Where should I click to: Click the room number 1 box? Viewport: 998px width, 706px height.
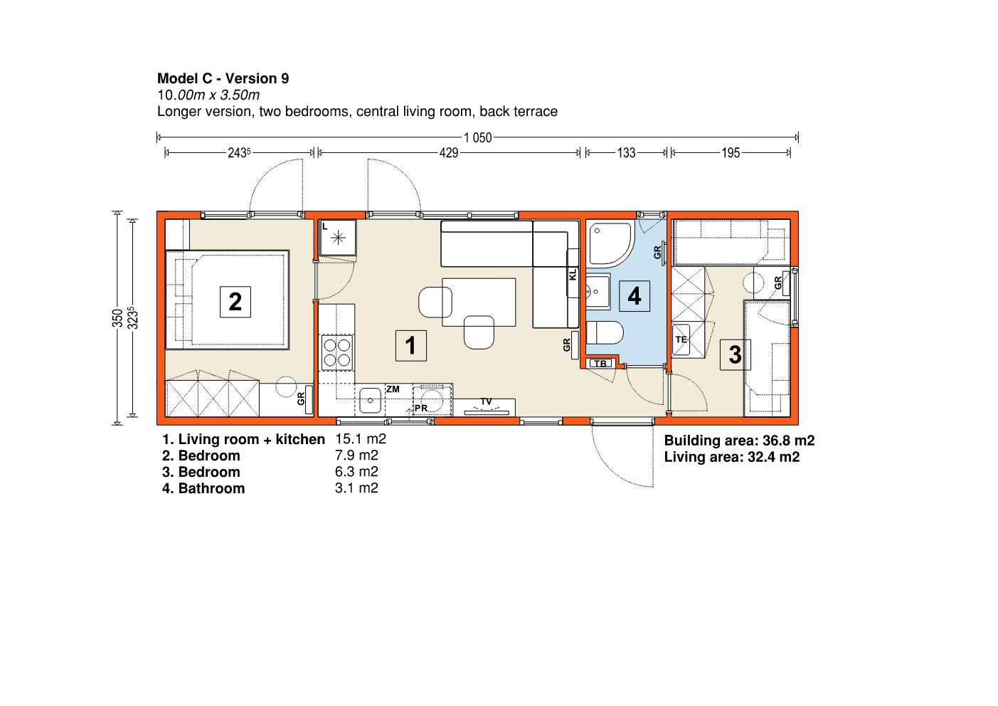point(410,345)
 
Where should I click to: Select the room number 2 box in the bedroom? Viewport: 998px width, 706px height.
point(235,302)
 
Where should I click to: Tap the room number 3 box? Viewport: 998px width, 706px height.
point(735,355)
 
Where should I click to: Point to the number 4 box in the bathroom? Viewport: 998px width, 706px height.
point(635,296)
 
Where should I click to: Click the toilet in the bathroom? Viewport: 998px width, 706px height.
point(604,332)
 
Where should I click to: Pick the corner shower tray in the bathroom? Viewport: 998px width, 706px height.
point(610,244)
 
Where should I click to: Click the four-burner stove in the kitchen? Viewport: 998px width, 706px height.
point(337,352)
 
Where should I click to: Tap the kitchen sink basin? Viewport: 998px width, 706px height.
point(370,400)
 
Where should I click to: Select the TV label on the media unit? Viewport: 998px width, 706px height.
point(486,401)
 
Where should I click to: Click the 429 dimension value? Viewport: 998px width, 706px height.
point(449,153)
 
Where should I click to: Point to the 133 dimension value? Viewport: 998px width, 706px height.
point(626,153)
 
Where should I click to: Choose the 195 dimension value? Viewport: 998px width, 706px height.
point(731,153)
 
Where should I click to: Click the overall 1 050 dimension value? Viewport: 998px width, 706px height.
point(477,138)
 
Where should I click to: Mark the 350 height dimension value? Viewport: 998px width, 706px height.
point(117,318)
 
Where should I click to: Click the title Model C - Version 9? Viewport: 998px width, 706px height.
point(223,78)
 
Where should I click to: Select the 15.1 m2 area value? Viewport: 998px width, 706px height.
point(361,439)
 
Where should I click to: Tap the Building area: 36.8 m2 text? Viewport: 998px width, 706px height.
point(739,441)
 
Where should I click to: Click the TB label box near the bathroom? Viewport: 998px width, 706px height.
point(600,363)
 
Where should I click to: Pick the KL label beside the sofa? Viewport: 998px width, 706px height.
point(573,274)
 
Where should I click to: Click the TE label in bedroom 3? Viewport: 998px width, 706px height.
point(681,339)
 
